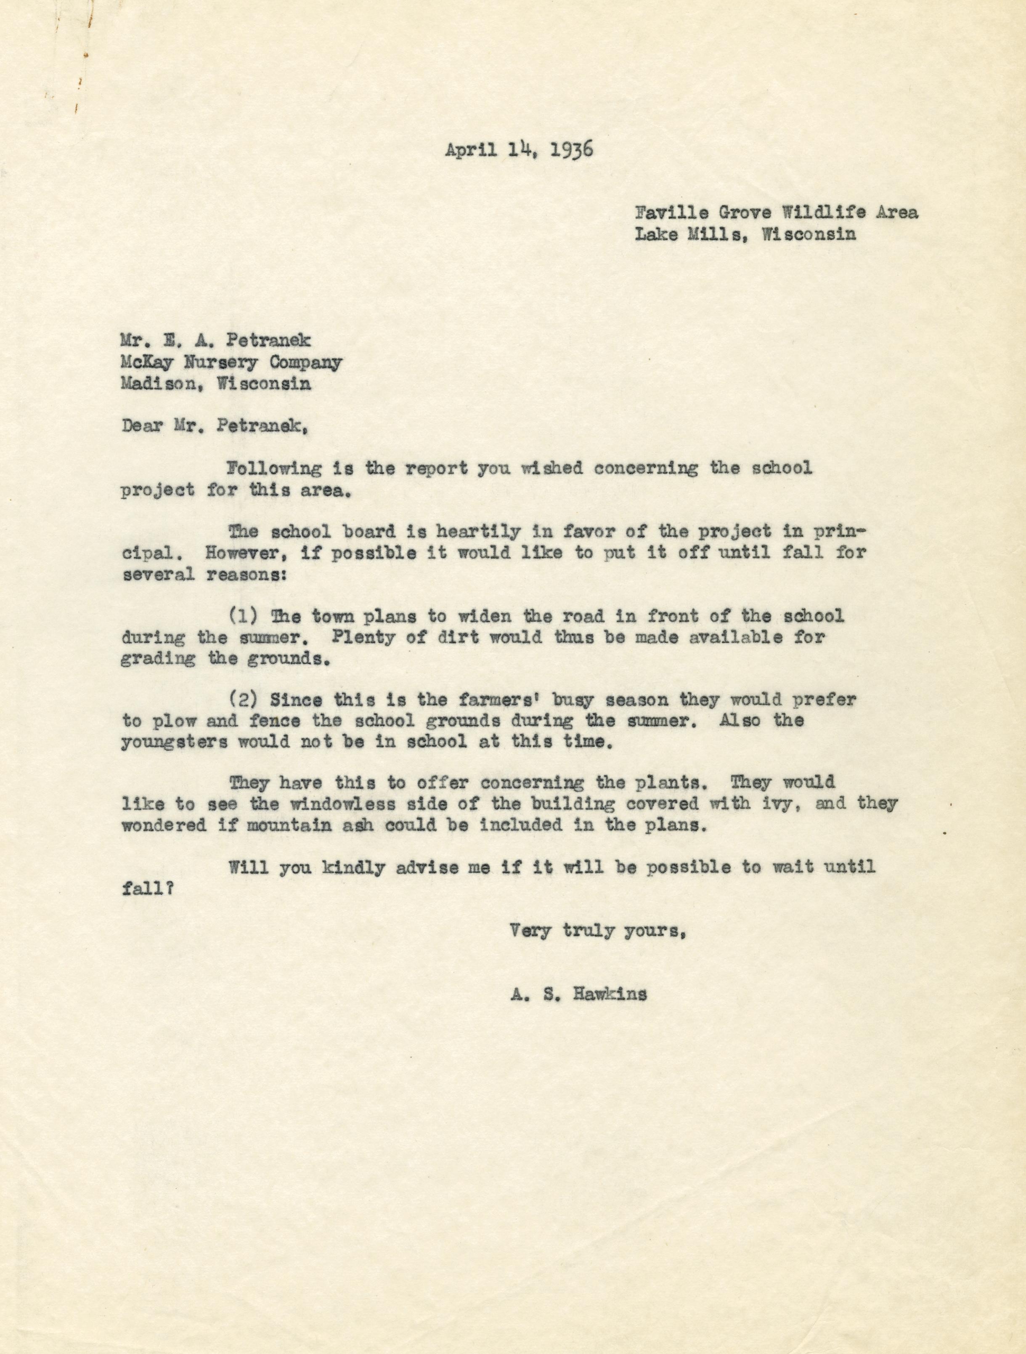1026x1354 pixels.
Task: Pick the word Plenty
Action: pos(357,637)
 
